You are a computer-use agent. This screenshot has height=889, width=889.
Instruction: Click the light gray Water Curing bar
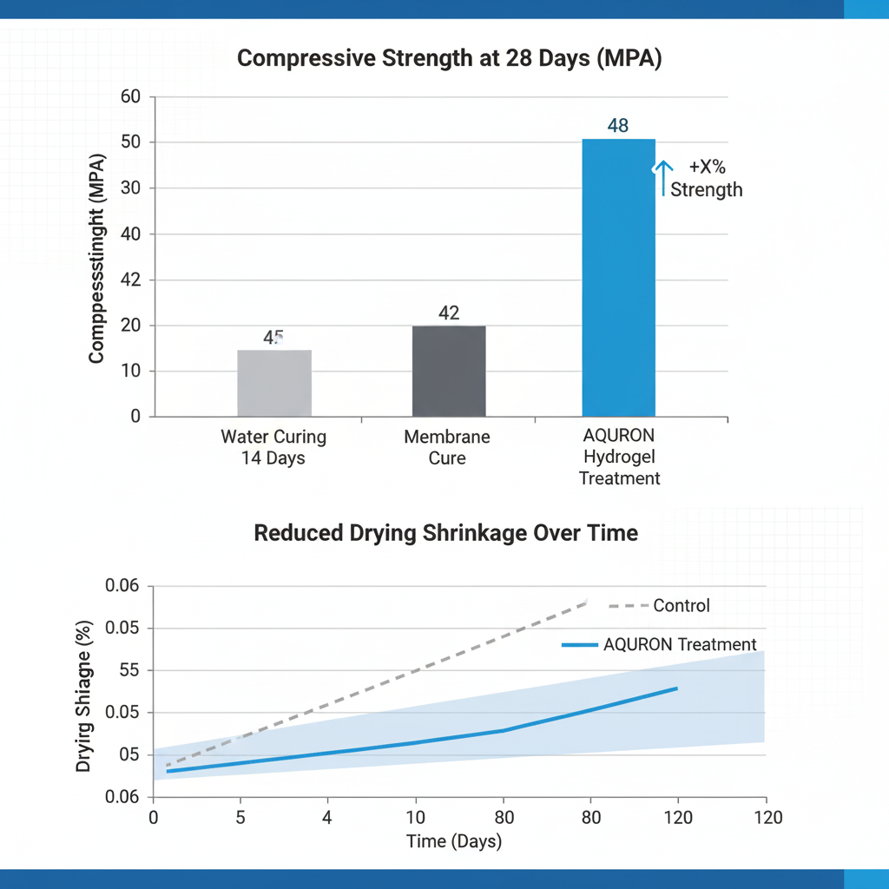point(274,383)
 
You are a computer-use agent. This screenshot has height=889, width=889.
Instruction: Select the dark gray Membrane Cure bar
point(449,371)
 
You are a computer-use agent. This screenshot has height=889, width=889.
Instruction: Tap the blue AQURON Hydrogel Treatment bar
point(618,278)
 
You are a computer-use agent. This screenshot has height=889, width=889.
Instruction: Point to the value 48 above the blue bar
point(617,125)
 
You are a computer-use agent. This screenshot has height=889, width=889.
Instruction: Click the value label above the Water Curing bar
point(273,338)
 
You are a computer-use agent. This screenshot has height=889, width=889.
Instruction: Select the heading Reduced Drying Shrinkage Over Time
point(445,533)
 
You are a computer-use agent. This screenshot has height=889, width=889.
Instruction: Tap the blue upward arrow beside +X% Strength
point(663,177)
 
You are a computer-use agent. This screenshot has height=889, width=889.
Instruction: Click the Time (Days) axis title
point(454,841)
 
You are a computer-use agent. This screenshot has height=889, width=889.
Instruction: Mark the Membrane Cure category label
point(447,447)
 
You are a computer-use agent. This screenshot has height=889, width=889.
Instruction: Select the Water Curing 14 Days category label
point(273,447)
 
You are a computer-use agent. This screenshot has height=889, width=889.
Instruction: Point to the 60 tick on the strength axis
point(130,96)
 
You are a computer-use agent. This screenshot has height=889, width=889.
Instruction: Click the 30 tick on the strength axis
point(130,188)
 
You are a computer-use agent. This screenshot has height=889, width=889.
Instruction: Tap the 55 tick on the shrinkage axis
point(123,670)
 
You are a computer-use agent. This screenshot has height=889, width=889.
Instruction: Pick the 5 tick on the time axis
point(240,817)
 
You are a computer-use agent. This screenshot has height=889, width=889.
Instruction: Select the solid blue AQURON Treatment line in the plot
point(417,742)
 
